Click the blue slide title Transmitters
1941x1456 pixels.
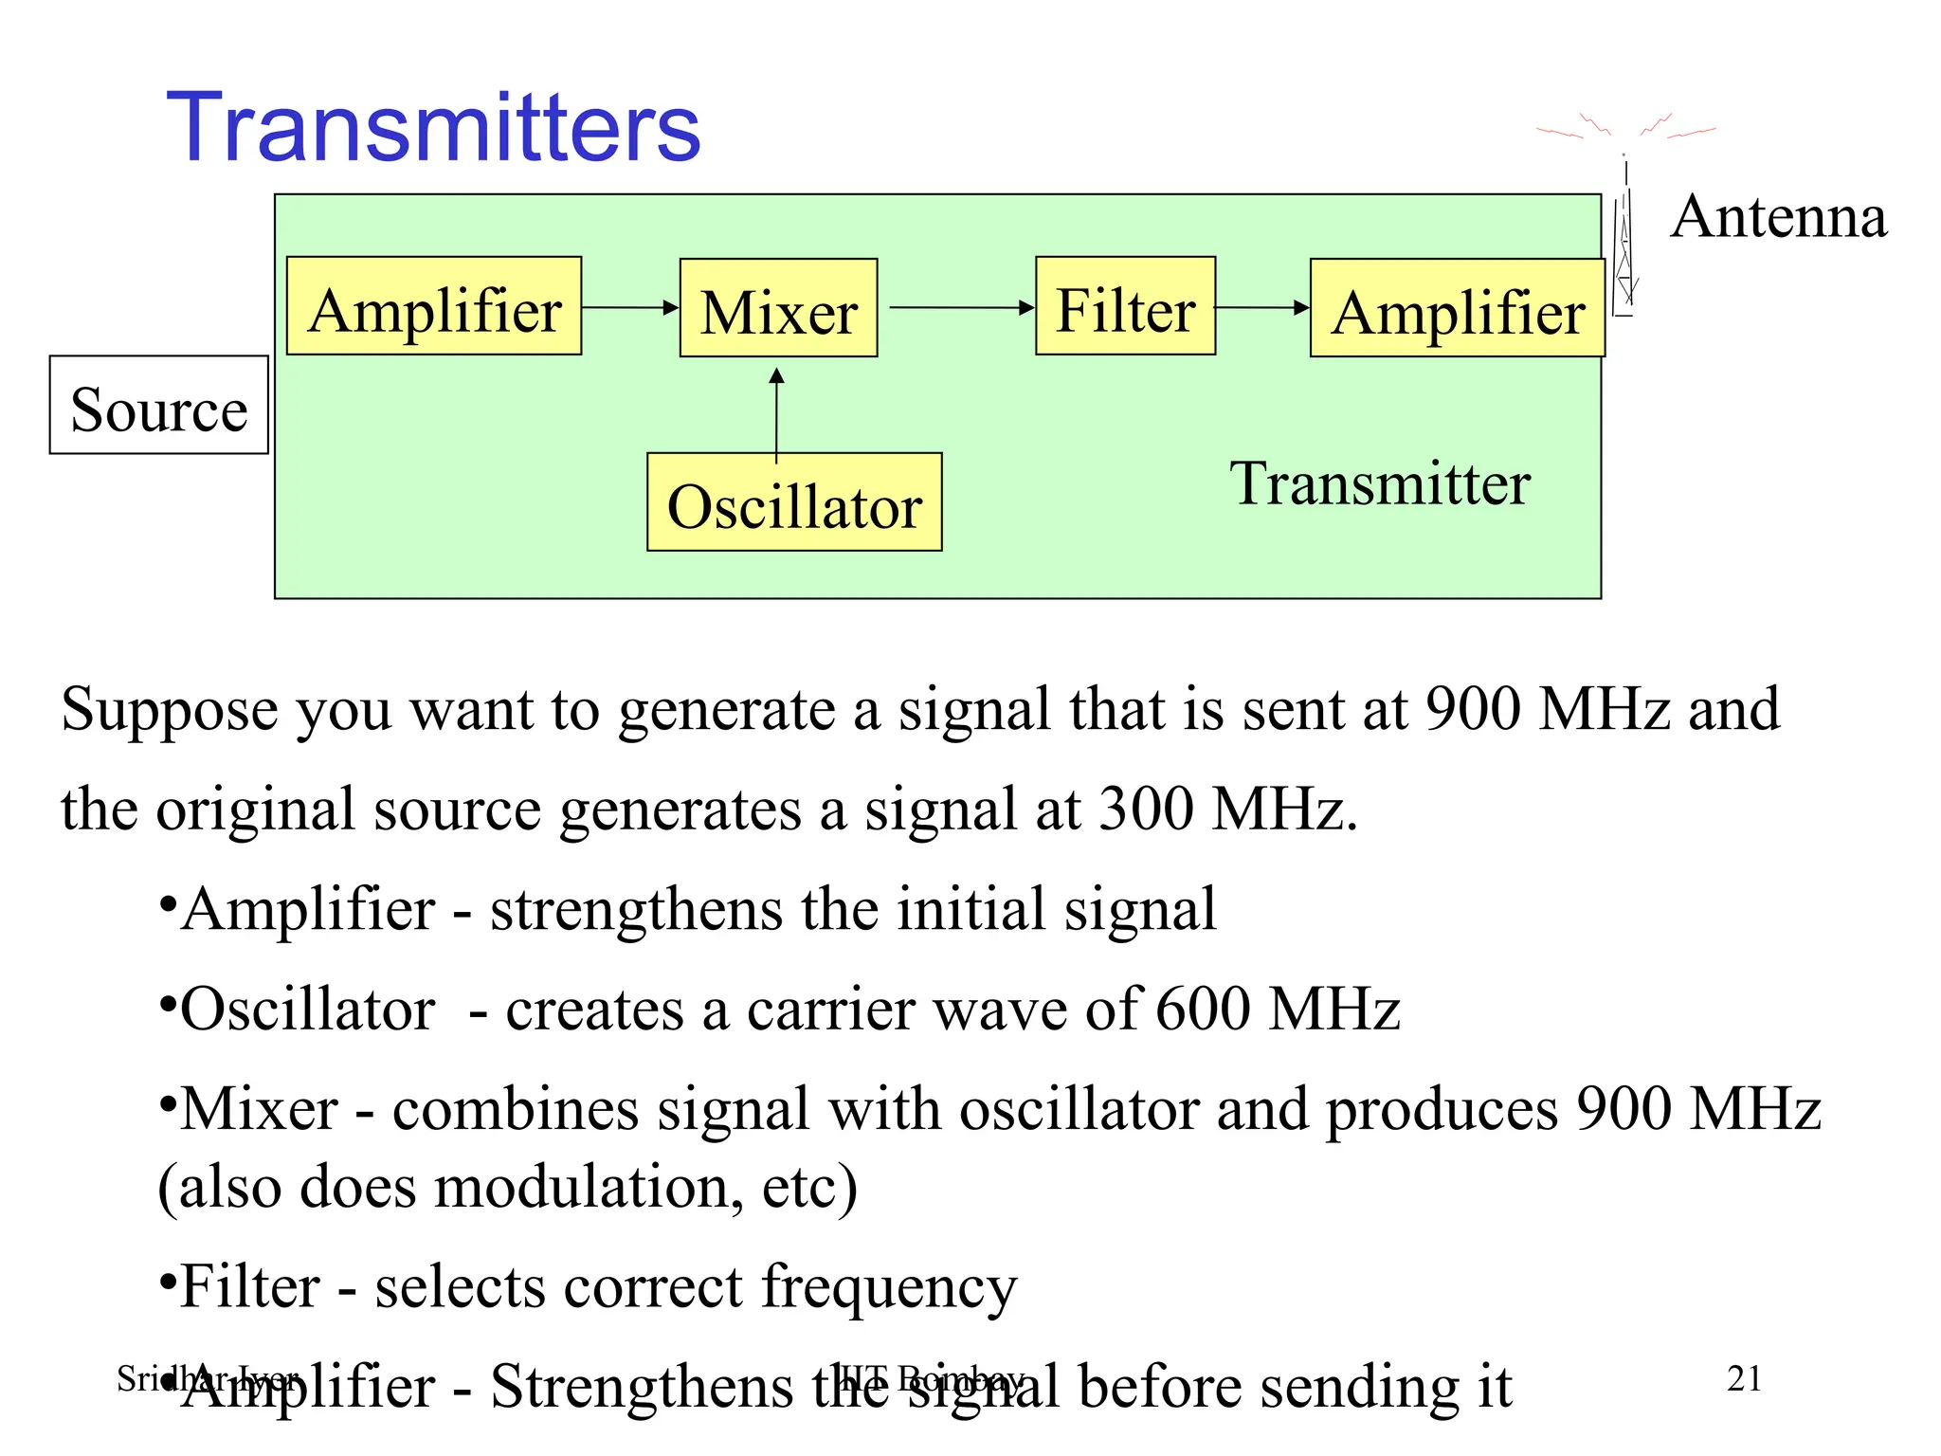(x=433, y=128)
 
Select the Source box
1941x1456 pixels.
(x=159, y=406)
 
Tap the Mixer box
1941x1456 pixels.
(x=778, y=309)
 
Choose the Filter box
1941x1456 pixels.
(x=1125, y=307)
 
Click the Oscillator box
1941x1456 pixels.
(x=794, y=503)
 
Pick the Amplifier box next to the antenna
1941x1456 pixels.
(x=1457, y=309)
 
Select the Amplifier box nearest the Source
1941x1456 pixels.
(x=434, y=307)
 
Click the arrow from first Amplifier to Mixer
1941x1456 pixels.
(x=630, y=307)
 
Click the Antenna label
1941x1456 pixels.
(x=1779, y=217)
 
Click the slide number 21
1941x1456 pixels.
(x=1744, y=1378)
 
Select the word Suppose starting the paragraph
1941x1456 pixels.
(x=170, y=709)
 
